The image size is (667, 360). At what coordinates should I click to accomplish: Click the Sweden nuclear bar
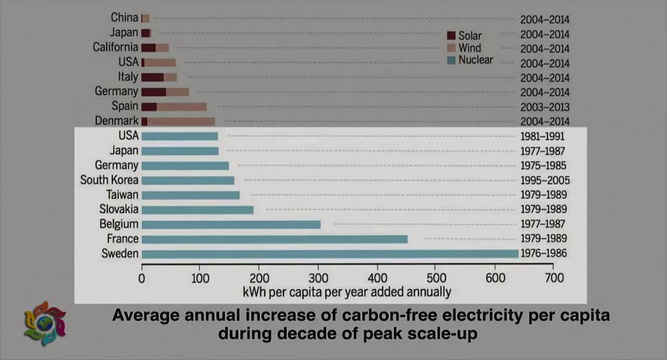tap(330, 254)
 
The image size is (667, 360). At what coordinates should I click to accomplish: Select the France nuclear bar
tap(274, 239)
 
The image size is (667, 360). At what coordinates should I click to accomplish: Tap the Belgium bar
tap(231, 224)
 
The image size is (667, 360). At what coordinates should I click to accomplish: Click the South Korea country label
tap(109, 180)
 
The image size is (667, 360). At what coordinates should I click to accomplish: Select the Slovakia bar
tap(197, 210)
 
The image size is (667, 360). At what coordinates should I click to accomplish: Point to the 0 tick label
tap(142, 278)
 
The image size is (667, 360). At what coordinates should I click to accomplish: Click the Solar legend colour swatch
tap(451, 36)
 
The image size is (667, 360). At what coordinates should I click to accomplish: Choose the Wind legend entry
tap(469, 48)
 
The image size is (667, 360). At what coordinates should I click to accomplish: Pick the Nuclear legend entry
tap(475, 60)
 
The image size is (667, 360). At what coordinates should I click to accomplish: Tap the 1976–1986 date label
tap(543, 254)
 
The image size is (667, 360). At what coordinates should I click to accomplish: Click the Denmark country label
tap(117, 121)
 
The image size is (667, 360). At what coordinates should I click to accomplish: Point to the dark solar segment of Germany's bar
tap(154, 92)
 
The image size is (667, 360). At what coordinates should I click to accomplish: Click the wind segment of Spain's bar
tap(182, 107)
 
